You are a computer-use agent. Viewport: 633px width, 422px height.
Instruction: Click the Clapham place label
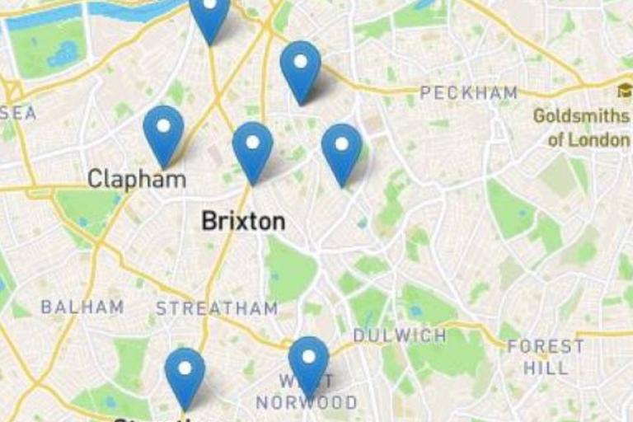point(137,178)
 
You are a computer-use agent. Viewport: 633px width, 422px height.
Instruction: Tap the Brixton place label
point(243,221)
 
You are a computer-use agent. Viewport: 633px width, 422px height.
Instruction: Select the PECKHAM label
point(468,93)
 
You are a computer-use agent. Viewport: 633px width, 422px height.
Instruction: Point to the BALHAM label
point(82,307)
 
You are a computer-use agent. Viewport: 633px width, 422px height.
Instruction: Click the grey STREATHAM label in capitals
point(217,309)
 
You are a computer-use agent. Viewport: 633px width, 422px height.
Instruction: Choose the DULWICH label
point(400,335)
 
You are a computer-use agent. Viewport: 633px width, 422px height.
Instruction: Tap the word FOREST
point(546,346)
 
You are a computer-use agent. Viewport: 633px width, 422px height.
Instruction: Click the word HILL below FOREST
point(546,368)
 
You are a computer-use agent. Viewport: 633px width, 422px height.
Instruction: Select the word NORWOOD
point(307,403)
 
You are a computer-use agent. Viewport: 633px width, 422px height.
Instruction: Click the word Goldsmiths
point(581,115)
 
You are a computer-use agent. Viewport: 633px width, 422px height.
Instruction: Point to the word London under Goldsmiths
point(599,139)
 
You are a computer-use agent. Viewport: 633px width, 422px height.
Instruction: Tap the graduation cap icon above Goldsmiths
point(624,90)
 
